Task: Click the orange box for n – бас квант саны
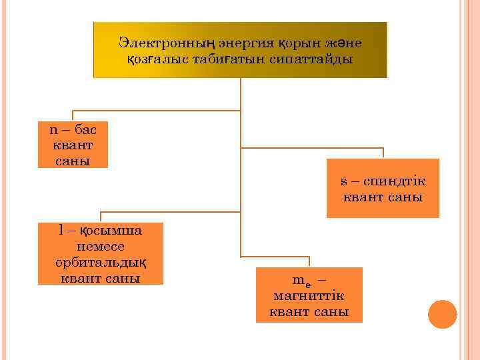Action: click(x=73, y=145)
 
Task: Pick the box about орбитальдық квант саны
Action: click(x=100, y=253)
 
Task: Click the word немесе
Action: click(x=100, y=246)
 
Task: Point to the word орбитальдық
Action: click(x=100, y=262)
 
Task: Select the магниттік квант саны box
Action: click(x=309, y=295)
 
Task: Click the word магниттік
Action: click(x=309, y=295)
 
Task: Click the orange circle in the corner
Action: click(x=442, y=314)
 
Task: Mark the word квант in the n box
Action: click(x=72, y=145)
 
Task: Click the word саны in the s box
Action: click(x=405, y=197)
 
